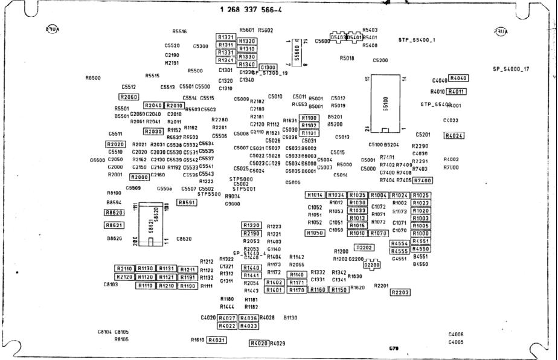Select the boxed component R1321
point(226,37)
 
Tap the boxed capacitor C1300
point(268,67)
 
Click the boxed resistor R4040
point(459,79)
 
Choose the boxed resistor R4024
point(454,135)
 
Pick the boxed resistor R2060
point(129,97)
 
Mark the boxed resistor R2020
point(115,144)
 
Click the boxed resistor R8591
point(187,202)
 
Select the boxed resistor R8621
point(114,225)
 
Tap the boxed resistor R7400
point(423,181)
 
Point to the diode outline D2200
point(372,265)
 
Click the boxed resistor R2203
point(400,292)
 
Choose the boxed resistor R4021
point(216,340)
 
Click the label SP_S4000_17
point(511,69)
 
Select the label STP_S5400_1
point(417,40)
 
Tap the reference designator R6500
point(93,78)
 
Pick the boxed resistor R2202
point(364,248)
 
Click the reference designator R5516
point(179,31)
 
